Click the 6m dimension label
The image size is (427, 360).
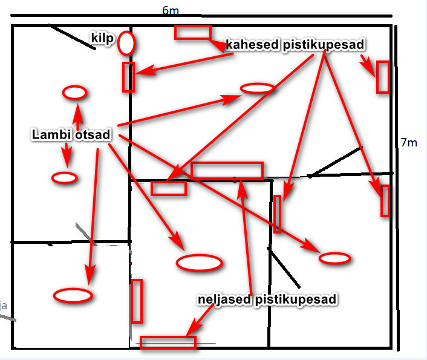171,11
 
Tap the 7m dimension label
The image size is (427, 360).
409,143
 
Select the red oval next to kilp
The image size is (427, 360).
126,43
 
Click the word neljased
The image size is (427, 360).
225,299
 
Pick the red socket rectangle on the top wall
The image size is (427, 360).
193,32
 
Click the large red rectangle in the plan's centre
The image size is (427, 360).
227,171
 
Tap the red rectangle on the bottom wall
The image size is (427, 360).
168,342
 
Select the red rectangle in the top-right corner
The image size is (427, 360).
382,77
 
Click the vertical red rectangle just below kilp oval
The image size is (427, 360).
128,77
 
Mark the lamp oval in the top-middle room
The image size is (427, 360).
258,88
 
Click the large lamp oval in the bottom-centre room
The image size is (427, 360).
199,263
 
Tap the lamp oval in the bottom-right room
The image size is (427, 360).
334,258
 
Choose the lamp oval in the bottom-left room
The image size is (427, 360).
73,295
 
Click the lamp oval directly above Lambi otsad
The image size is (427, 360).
75,93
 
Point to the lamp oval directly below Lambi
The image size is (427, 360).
64,178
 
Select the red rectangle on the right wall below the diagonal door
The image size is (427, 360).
385,201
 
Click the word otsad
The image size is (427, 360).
93,135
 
